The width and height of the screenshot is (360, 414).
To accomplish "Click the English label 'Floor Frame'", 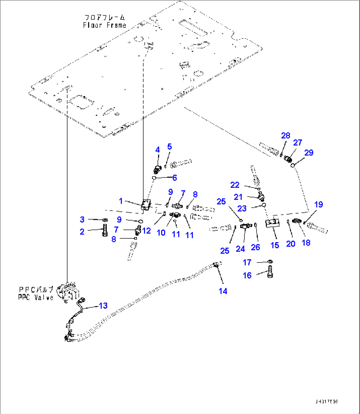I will [x=104, y=25].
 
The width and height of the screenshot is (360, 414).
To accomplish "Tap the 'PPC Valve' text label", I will [x=36, y=297].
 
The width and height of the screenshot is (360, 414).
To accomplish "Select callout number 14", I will [x=223, y=291].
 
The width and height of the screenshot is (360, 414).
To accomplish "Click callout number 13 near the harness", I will [x=103, y=306].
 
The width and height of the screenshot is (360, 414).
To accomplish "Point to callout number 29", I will [x=309, y=153].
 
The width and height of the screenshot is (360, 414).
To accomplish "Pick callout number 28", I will [x=285, y=135].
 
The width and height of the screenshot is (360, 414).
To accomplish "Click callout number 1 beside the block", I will [x=121, y=201].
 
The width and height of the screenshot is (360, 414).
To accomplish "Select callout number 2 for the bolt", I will [x=82, y=231].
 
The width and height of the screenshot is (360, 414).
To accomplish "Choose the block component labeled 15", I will [x=273, y=224].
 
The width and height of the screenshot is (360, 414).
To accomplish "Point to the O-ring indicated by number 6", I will [x=154, y=178].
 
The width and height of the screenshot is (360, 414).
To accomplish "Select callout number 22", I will [x=234, y=185].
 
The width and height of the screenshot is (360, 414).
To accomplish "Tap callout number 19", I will [x=318, y=205].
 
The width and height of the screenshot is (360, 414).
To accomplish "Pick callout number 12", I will [x=146, y=230].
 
